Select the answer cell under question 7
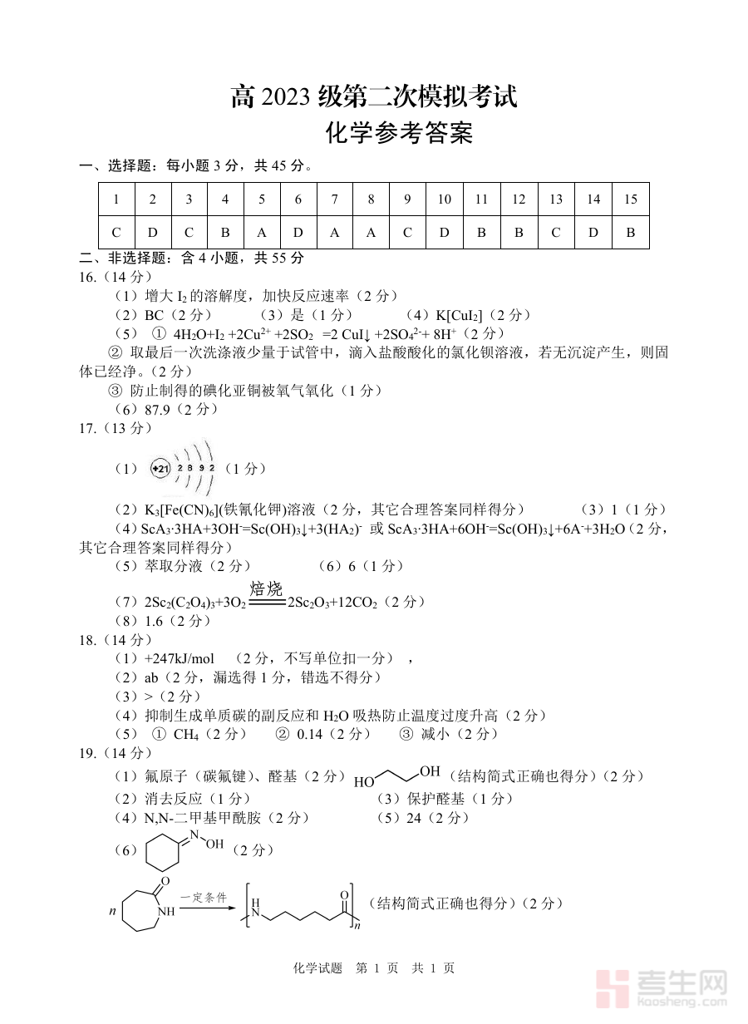pyautogui.click(x=334, y=232)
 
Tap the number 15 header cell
pyautogui.click(x=630, y=199)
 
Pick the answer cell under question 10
pyautogui.click(x=444, y=232)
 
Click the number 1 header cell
pyautogui.click(x=116, y=199)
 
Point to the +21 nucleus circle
pyautogui.click(x=160, y=469)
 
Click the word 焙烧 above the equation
pyautogui.click(x=267, y=589)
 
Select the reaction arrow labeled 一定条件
pyautogui.click(x=204, y=909)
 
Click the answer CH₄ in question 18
pyautogui.click(x=186, y=734)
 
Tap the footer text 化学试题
pyautogui.click(x=317, y=968)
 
